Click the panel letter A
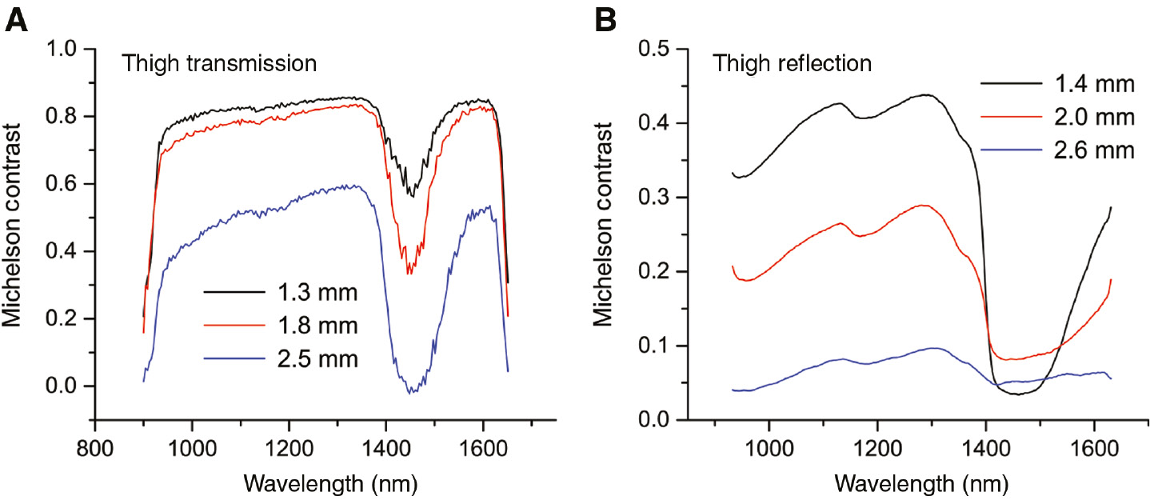click(x=17, y=20)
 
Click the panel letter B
click(x=605, y=20)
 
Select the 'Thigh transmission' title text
click(x=219, y=63)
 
